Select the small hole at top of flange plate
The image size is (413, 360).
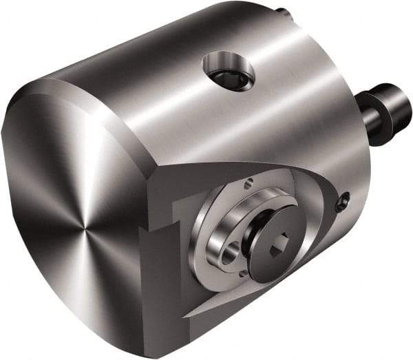[249, 182]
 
